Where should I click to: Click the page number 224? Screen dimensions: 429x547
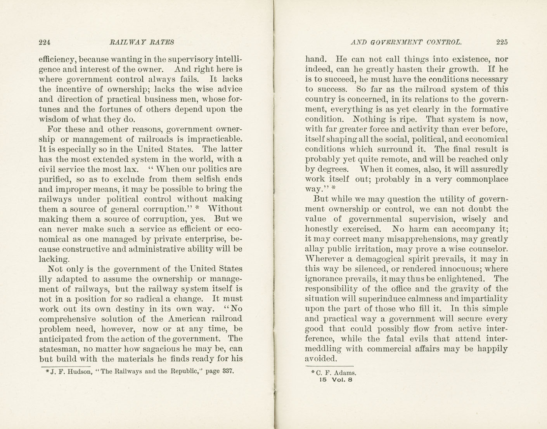point(45,42)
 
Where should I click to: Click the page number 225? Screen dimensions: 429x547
point(502,42)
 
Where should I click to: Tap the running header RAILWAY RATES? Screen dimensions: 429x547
point(142,42)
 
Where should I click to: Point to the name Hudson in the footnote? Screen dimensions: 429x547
point(80,371)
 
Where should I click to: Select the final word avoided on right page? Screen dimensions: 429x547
point(321,359)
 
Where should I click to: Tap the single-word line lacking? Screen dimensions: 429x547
point(54,259)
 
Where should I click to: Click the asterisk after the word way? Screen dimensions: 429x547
point(333,189)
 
